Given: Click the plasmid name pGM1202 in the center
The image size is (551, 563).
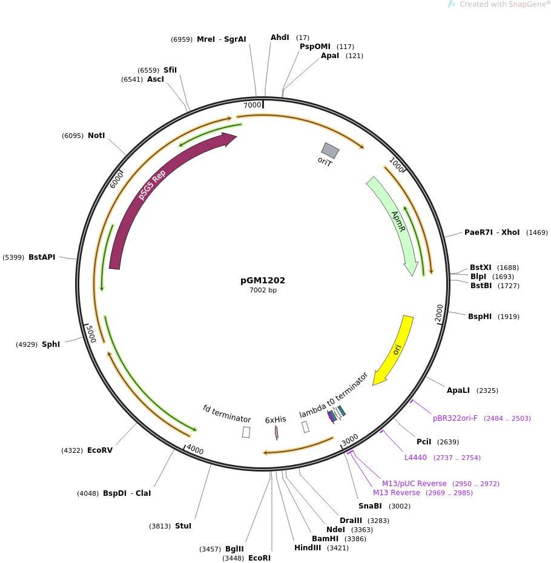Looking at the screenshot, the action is [x=263, y=280].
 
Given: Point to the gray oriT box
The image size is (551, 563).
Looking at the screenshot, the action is [x=330, y=151].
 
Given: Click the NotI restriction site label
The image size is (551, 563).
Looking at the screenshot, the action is [x=96, y=136].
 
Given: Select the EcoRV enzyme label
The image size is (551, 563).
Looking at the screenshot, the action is [x=100, y=450].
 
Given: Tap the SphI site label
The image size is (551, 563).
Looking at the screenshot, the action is [x=51, y=344].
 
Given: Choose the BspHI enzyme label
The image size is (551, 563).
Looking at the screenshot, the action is [x=480, y=317].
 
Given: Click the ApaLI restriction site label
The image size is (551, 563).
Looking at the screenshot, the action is [x=458, y=390].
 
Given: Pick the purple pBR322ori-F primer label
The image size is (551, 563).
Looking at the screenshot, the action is [x=455, y=418].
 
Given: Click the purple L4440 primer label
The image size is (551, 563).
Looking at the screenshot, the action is [x=415, y=458].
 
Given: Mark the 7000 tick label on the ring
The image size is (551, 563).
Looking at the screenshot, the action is [x=252, y=105].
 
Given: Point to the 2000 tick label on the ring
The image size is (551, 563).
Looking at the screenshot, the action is [x=440, y=313].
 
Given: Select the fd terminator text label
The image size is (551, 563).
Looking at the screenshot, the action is [x=226, y=413].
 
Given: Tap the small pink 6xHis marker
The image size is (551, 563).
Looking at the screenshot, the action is [x=277, y=433].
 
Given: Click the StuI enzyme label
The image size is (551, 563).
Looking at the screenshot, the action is [x=183, y=525].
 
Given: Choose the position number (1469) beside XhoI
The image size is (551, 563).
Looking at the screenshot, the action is [x=537, y=232].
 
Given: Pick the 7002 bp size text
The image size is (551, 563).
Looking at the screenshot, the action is [x=263, y=290].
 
